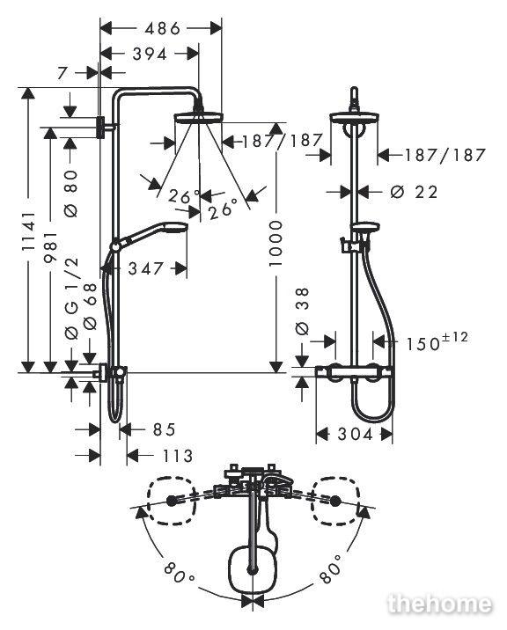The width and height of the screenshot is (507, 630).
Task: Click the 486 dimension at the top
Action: [x=163, y=28]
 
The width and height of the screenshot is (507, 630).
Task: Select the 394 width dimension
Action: [x=150, y=54]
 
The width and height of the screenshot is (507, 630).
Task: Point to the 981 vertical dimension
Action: [x=51, y=247]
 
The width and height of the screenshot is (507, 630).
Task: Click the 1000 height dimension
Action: [x=276, y=243]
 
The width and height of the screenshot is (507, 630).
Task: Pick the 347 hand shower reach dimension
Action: [x=146, y=268]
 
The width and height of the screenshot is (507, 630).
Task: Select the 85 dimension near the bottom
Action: [x=164, y=429]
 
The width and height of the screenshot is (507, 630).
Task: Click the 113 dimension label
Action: [x=177, y=456]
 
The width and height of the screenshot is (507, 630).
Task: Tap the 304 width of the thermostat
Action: [x=356, y=434]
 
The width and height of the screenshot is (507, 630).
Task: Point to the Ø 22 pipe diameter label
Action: [x=414, y=192]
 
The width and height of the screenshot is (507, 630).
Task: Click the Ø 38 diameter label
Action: [x=302, y=311]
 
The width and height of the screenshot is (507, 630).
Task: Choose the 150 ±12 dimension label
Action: [x=437, y=342]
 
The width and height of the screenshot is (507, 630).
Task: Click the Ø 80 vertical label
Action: [x=71, y=194]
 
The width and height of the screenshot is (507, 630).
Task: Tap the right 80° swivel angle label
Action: [x=330, y=569]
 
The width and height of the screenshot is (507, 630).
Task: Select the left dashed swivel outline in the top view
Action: [x=171, y=501]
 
